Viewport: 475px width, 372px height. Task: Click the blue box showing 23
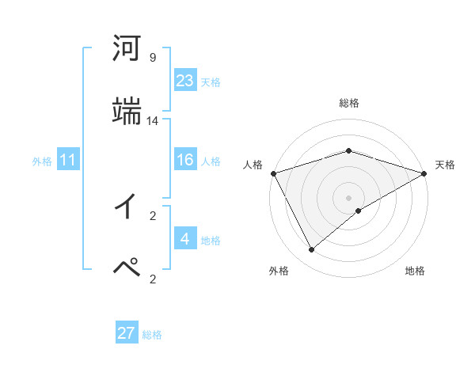tap(185, 80)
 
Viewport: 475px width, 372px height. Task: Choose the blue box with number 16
tap(185, 160)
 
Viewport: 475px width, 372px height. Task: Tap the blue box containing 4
tap(185, 239)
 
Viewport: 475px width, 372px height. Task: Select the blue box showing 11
tap(68, 161)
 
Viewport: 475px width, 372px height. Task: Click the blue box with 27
tap(127, 333)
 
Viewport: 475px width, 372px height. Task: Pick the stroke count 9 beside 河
tap(153, 58)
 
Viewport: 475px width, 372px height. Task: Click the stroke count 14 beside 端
tap(153, 121)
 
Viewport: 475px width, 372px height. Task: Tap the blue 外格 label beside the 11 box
tap(42, 161)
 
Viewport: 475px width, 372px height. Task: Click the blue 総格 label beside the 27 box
tap(152, 335)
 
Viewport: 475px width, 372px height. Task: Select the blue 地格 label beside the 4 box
tap(211, 241)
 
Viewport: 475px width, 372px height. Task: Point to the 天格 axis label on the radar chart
tap(445, 165)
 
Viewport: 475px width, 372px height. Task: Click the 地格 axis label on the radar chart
tap(415, 271)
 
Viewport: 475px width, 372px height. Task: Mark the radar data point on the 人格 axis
tap(273, 173)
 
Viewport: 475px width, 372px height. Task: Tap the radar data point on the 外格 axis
tap(312, 250)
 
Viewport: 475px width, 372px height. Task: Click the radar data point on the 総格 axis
tap(348, 150)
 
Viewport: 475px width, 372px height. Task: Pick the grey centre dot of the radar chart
tap(348, 197)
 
